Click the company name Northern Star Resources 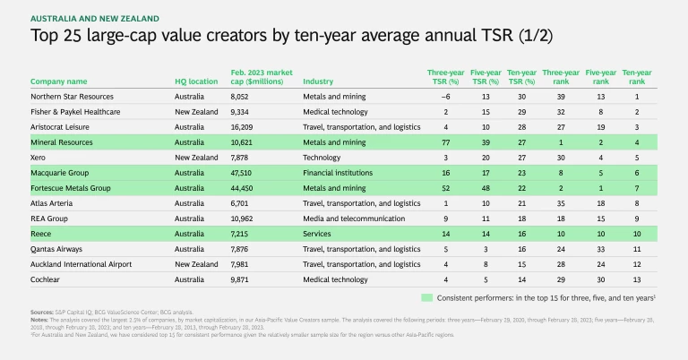71,97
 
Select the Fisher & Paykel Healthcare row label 75,112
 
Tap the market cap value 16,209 245,127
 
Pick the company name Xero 39,158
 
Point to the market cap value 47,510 245,173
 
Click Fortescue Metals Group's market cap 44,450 245,188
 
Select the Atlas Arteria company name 53,203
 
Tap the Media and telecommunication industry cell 340,219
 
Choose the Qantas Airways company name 56,249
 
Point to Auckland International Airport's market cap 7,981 243,264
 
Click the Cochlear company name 47,279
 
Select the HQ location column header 196,81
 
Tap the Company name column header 59,81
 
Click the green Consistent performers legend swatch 427,296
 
